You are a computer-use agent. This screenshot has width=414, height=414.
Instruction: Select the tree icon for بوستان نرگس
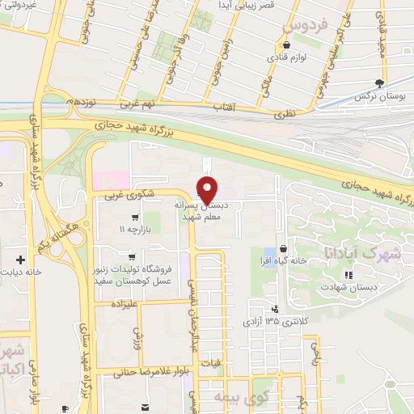pos(380,83)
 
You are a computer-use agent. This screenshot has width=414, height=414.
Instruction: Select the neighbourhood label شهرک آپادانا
pos(349,252)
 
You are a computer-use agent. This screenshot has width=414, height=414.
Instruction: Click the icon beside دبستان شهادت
pos(348,276)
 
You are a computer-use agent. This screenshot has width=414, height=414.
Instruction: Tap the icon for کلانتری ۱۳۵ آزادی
pos(275,308)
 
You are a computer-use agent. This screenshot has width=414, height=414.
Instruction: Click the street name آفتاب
pos(222,107)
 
